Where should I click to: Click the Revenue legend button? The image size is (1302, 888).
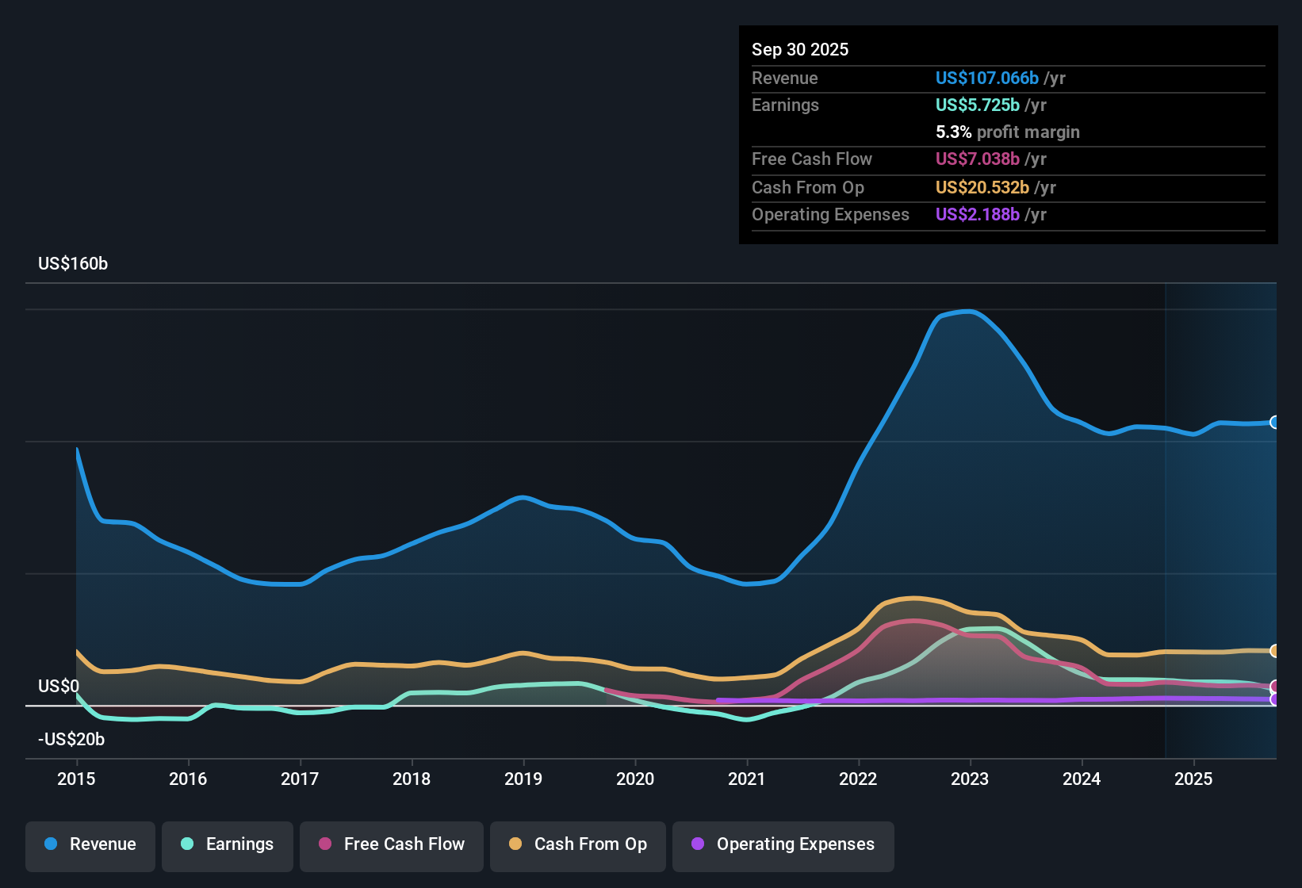[x=90, y=844]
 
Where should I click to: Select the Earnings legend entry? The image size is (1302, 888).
[x=228, y=844]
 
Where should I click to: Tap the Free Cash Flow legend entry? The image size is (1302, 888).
[x=392, y=844]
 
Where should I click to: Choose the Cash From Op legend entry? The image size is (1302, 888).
[x=578, y=844]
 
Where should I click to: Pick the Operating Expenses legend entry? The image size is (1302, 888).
[x=783, y=844]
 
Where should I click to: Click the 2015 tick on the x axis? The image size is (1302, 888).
[x=76, y=779]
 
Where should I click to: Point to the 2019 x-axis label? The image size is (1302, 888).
[x=523, y=779]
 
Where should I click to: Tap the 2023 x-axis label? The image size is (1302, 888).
[x=970, y=779]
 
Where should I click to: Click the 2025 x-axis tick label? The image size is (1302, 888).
[x=1193, y=779]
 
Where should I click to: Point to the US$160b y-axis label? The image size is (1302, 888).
[x=73, y=264]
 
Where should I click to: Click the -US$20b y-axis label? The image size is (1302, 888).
[x=71, y=740]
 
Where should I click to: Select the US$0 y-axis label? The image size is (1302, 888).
[x=59, y=687]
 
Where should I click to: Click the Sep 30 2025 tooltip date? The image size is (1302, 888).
[x=800, y=49]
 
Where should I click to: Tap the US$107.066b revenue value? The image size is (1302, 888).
[x=986, y=78]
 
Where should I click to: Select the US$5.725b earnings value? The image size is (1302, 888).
[x=977, y=105]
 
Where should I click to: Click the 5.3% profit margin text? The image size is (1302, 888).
[x=1007, y=132]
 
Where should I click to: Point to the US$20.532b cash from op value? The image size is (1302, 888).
[x=982, y=187]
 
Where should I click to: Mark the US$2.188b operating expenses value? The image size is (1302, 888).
[x=977, y=214]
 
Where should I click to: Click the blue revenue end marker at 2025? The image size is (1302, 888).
[x=1274, y=423]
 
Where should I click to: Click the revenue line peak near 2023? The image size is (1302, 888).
[x=968, y=312]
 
